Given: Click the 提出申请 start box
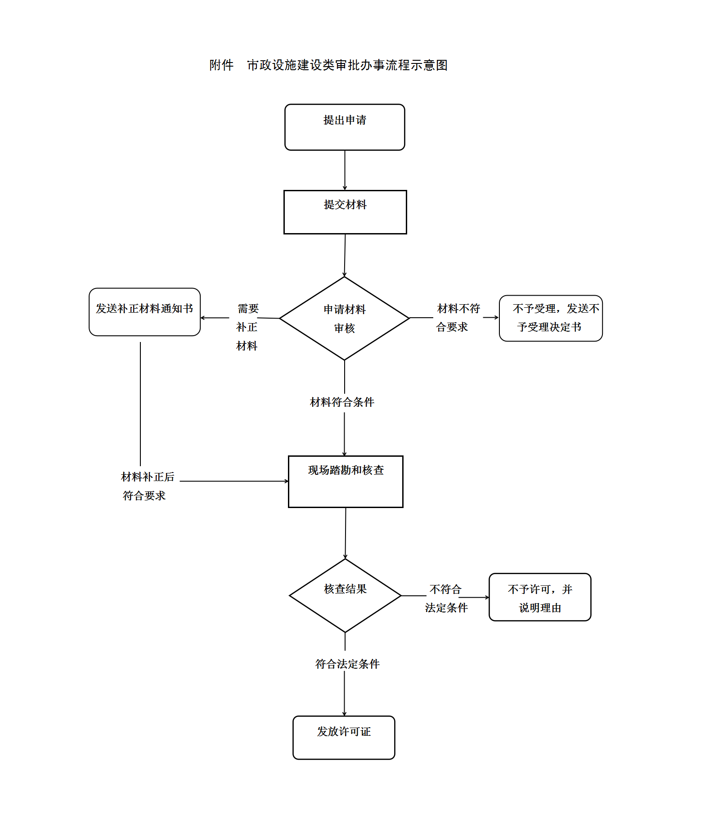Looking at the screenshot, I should (x=345, y=127).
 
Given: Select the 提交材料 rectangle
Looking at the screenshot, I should (x=345, y=212).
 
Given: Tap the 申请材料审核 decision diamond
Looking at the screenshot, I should (x=345, y=318).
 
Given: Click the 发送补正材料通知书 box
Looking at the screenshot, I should (x=144, y=312).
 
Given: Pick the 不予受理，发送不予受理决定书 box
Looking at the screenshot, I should (x=551, y=318).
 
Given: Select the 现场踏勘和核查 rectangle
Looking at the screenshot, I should (x=346, y=481).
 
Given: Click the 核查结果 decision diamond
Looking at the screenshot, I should (x=345, y=595).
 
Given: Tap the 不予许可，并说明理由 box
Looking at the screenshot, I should (x=540, y=597).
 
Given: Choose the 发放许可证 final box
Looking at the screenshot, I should (x=344, y=738).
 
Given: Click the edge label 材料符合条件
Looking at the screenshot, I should (x=342, y=402).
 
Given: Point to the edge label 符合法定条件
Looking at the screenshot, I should (x=347, y=664).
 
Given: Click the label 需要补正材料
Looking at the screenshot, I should (x=247, y=327).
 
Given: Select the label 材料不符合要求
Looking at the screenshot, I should (x=458, y=318).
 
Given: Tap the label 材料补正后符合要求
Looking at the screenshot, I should (x=147, y=486).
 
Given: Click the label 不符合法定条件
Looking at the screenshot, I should (x=446, y=598).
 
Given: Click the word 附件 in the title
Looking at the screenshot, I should (x=221, y=66).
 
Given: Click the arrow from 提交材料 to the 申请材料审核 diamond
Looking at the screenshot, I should (x=345, y=255).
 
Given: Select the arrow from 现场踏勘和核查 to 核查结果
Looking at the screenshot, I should (x=346, y=533).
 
